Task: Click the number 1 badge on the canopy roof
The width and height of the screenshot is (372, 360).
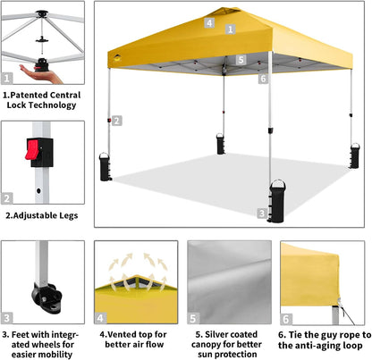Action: pyautogui.click(x=230, y=29)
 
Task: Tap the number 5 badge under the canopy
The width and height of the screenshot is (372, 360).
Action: pyautogui.click(x=241, y=61)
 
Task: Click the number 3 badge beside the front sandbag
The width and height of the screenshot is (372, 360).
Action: pyautogui.click(x=261, y=213)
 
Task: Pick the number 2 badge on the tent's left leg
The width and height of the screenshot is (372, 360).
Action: pyautogui.click(x=116, y=120)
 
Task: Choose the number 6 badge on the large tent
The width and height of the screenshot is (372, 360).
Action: pyautogui.click(x=263, y=78)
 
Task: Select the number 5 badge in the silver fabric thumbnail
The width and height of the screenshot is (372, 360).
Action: pyautogui.click(x=195, y=317)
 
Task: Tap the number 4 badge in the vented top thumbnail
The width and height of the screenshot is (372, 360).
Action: pyautogui.click(x=102, y=317)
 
